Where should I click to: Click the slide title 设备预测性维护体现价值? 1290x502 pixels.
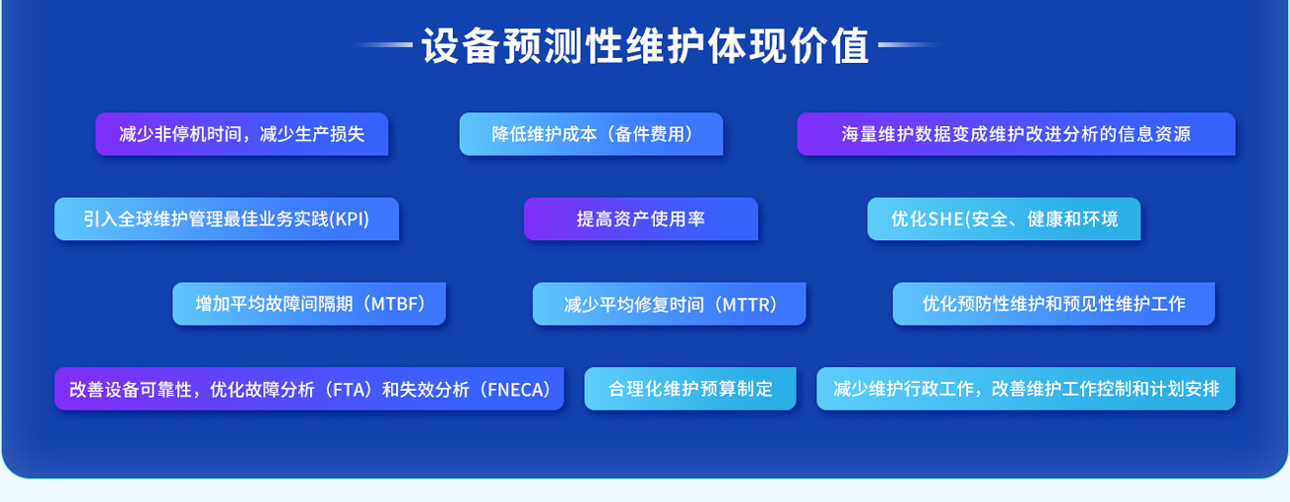[645, 45]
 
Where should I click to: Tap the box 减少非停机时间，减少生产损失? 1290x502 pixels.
[241, 134]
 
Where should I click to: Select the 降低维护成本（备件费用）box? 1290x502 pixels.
[591, 134]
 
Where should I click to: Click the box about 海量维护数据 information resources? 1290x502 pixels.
[1015, 134]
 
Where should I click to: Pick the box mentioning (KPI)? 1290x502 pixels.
[226, 219]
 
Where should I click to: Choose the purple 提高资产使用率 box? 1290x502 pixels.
[640, 219]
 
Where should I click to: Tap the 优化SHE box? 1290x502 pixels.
[1003, 219]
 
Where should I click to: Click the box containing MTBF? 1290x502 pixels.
[309, 304]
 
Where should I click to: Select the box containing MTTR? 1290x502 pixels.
[669, 304]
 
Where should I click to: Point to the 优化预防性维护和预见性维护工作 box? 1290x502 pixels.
[1053, 304]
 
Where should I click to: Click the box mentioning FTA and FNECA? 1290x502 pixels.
[308, 389]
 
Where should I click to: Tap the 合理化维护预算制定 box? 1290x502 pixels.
[689, 389]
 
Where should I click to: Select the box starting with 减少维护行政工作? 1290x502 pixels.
[1025, 389]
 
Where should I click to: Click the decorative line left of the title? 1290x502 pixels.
[379, 45]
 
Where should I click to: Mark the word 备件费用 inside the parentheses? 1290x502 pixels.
[649, 134]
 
